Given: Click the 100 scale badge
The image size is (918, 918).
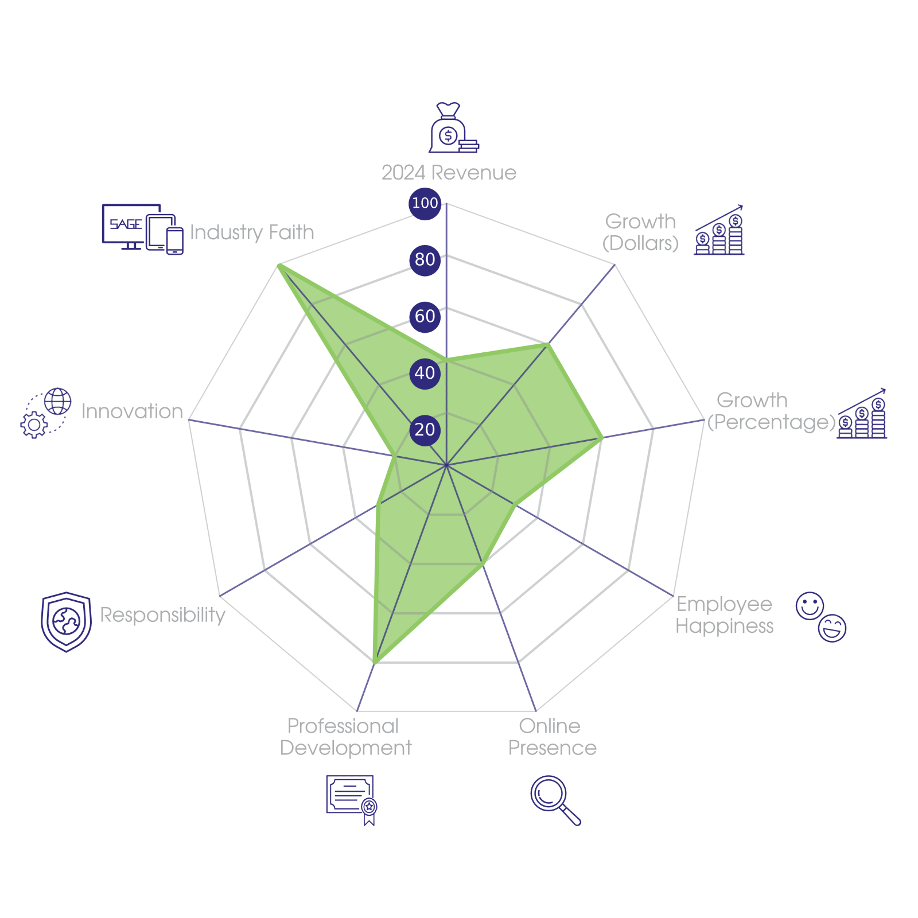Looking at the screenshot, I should [425, 203].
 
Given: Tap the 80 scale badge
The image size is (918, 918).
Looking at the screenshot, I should [425, 259].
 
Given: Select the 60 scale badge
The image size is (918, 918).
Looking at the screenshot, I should [425, 316].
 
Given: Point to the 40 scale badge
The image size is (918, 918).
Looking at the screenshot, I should [425, 373].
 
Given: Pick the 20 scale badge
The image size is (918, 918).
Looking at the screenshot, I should [425, 430].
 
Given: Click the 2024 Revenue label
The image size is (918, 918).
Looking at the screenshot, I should [449, 173].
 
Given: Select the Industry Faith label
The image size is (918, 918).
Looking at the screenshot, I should [252, 232].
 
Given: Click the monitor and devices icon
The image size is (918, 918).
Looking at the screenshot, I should [143, 229].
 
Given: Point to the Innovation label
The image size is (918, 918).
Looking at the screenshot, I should [132, 411].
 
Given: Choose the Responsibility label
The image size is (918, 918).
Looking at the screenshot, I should [163, 615].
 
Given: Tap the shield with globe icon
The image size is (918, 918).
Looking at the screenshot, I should [66, 622].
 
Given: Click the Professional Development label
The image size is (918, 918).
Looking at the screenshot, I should [345, 737].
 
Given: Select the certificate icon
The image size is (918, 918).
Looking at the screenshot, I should [352, 799].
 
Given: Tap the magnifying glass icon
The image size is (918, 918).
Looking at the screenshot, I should [554, 800].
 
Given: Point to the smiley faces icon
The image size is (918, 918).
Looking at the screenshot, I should [820, 616].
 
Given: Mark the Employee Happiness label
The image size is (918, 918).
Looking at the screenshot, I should [724, 615].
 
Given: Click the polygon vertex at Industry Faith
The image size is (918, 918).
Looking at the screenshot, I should [278, 264].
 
